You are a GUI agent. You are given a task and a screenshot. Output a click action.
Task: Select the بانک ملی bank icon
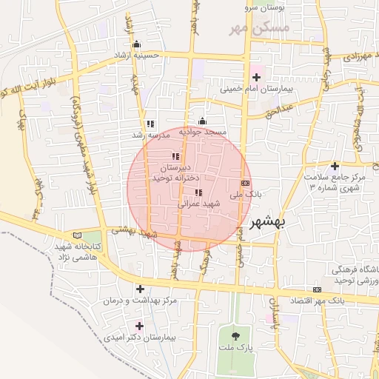tap(245, 183)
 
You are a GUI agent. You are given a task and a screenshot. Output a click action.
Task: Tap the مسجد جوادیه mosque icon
tap(202, 121)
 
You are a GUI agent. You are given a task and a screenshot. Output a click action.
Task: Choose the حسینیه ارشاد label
tap(136, 56)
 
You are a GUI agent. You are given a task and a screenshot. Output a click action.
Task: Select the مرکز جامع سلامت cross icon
tap(335, 166)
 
